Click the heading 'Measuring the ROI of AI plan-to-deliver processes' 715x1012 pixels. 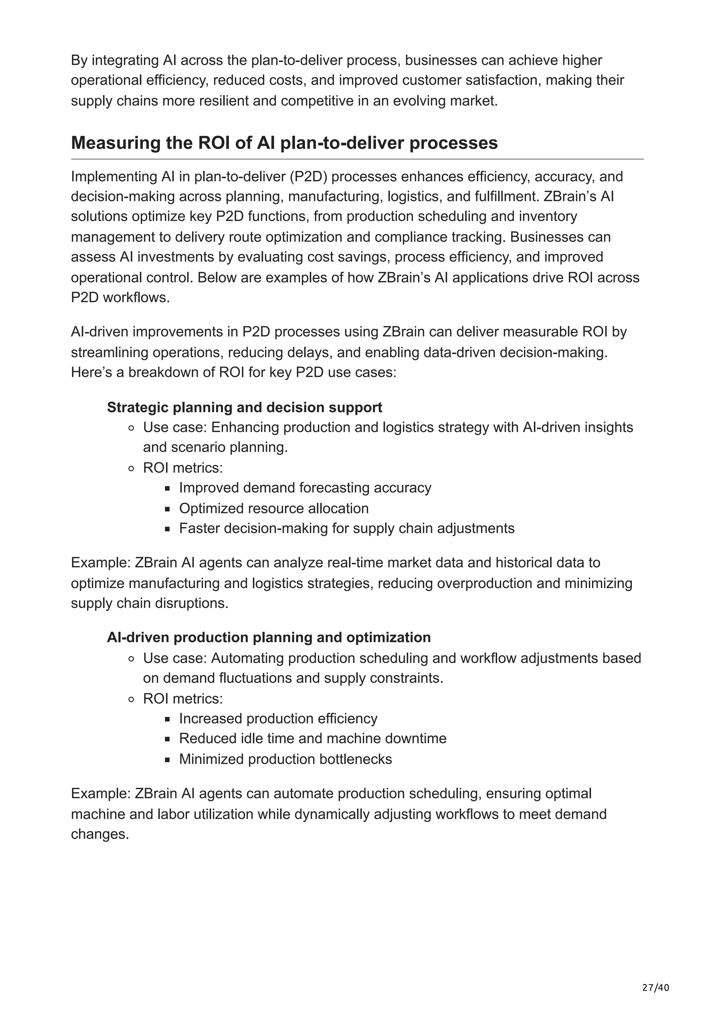pyautogui.click(x=284, y=143)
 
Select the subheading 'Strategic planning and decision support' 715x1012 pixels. pyautogui.click(x=244, y=407)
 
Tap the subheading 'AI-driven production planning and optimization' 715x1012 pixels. pyautogui.click(x=269, y=637)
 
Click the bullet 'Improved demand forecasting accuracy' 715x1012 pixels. pyautogui.click(x=305, y=488)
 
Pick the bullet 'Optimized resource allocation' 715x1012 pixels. pyautogui.click(x=274, y=508)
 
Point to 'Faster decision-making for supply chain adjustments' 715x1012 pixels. pyautogui.click(x=347, y=528)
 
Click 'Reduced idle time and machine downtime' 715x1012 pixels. pyautogui.click(x=313, y=738)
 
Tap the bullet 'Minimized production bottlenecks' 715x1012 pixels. pyautogui.click(x=286, y=759)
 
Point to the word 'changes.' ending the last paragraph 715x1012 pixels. pyautogui.click(x=100, y=834)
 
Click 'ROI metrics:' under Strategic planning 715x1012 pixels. pyautogui.click(x=183, y=468)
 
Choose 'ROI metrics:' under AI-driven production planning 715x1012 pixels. pyautogui.click(x=183, y=699)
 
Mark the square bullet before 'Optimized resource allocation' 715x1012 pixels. pyautogui.click(x=168, y=509)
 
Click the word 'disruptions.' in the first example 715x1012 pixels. pyautogui.click(x=199, y=603)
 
